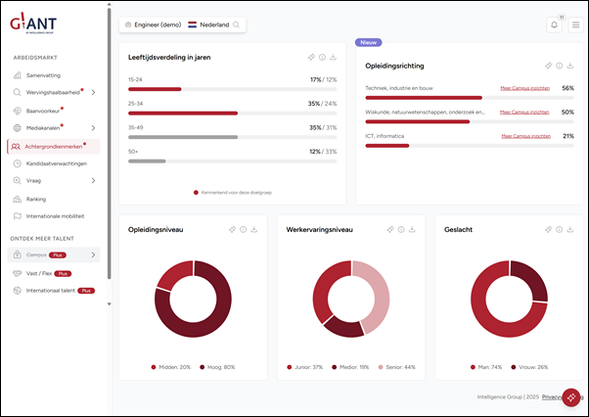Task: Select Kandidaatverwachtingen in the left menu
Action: [x=56, y=163]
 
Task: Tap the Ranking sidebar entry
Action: [x=35, y=198]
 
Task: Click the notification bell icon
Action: [x=554, y=24]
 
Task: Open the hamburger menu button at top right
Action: [x=575, y=24]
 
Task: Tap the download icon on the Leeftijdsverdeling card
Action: [x=334, y=58]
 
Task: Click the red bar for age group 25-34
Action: [x=183, y=113]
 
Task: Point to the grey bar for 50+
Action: [x=147, y=161]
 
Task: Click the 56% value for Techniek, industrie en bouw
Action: [x=567, y=88]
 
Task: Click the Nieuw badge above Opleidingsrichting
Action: [x=369, y=43]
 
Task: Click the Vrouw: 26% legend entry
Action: [x=529, y=367]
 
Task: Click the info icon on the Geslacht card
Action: [x=560, y=229]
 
